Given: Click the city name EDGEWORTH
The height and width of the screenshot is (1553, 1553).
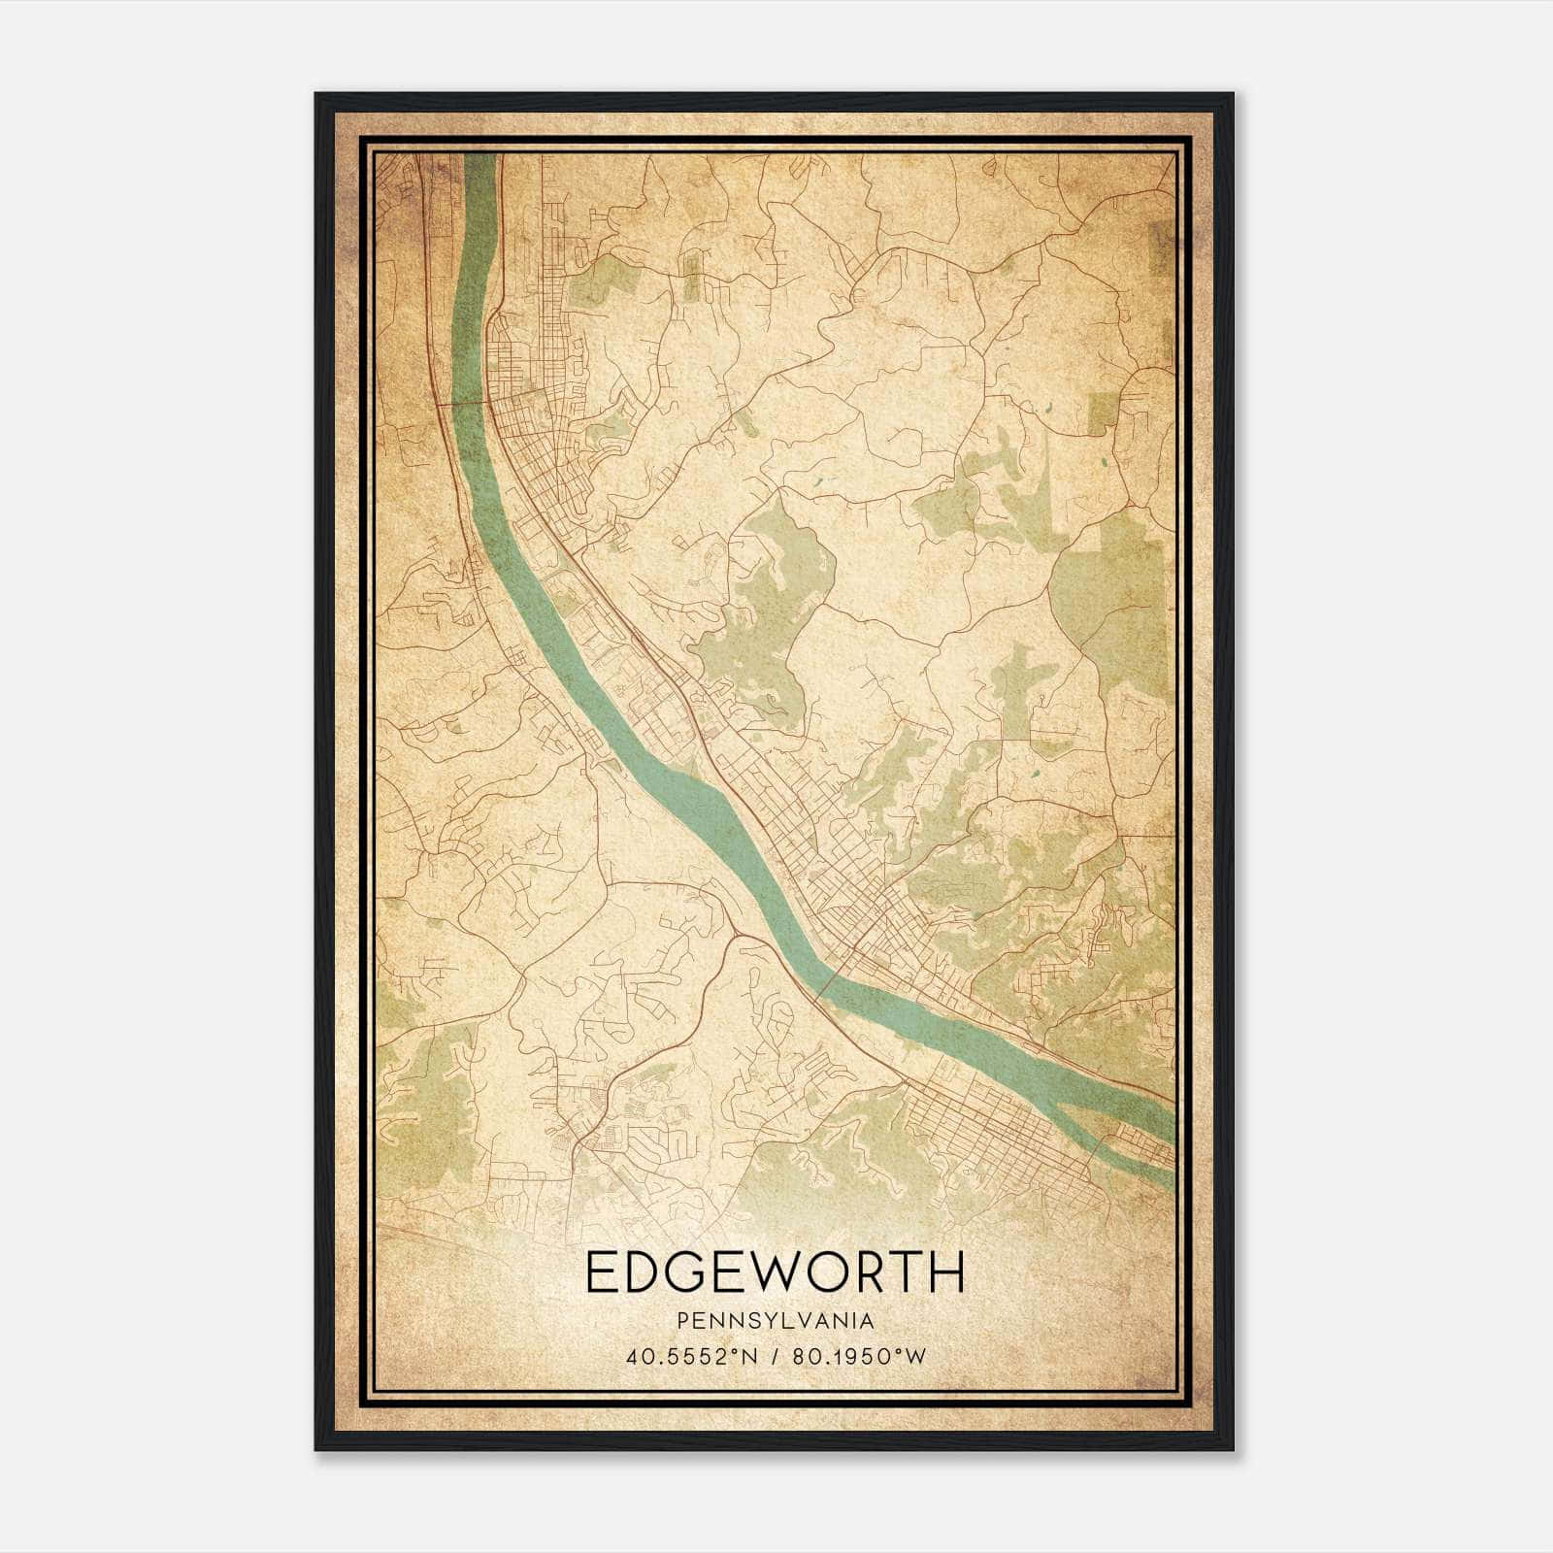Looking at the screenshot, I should [776, 1272].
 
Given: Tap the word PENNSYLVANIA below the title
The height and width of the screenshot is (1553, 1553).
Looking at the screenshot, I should [776, 1321].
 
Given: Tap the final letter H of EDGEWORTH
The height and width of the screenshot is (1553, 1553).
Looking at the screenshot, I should [948, 1272].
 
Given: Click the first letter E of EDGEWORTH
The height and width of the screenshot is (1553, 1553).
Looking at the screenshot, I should [601, 1272].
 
